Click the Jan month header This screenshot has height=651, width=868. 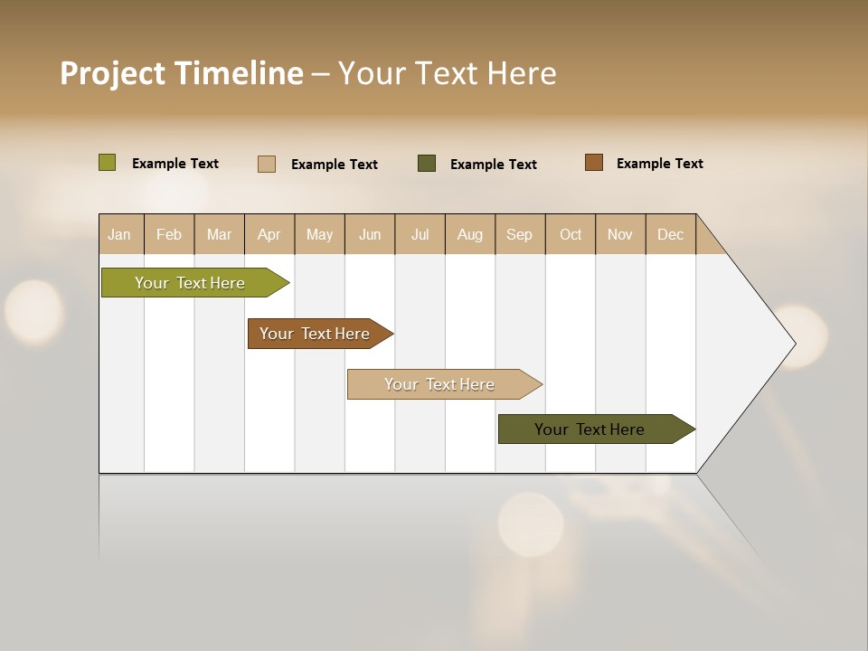click(119, 234)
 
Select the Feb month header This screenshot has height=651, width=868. click(169, 234)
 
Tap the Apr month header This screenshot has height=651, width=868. click(269, 234)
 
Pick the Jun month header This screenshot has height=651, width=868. click(370, 234)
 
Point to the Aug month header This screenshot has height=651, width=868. click(469, 234)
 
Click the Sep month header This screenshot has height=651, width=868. click(519, 234)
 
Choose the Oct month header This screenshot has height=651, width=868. click(571, 234)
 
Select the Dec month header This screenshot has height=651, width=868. click(670, 234)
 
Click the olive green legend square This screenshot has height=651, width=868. click(108, 163)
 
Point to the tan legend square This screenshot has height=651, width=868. click(267, 164)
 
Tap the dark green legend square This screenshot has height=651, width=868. click(427, 164)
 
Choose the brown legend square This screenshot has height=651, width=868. click(594, 163)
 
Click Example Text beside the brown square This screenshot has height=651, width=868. click(659, 164)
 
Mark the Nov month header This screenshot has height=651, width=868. click(620, 234)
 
